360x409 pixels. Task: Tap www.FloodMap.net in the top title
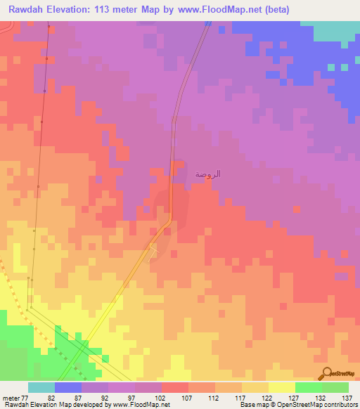tap(218, 10)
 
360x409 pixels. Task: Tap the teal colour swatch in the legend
tap(41, 387)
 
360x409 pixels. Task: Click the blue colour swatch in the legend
tap(67, 387)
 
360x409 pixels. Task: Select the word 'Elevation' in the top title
tap(72, 10)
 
